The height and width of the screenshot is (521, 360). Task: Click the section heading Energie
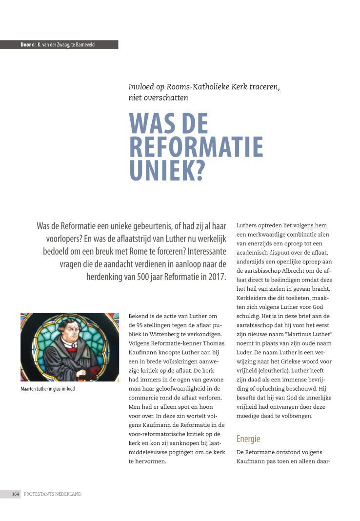(x=248, y=439)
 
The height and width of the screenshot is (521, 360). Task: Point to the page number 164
(x=16, y=494)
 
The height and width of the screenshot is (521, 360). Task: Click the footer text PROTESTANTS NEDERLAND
(x=53, y=494)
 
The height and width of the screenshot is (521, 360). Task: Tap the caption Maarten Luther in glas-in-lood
(x=47, y=389)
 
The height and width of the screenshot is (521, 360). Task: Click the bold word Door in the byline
(x=25, y=44)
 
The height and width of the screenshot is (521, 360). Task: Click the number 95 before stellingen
(x=138, y=325)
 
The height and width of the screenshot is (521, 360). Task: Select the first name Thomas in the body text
(x=213, y=342)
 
